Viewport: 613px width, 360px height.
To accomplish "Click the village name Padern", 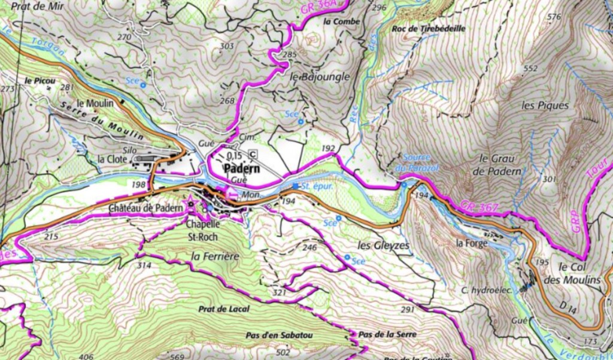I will click(241, 169).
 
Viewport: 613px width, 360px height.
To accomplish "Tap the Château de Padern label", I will click(145, 208).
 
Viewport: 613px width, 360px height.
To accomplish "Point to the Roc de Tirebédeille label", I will click(428, 28).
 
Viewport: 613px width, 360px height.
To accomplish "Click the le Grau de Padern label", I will click(498, 164).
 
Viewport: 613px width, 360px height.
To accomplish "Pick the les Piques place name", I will click(544, 105).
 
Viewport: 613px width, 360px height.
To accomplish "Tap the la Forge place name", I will click(472, 243).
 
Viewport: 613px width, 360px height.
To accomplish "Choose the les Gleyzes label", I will click(383, 246).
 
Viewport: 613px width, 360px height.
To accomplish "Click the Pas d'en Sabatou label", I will click(279, 335).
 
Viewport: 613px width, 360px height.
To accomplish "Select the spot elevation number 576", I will click(554, 17).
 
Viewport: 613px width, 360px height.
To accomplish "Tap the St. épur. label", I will click(317, 186).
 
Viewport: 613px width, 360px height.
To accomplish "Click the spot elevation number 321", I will click(278, 292).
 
